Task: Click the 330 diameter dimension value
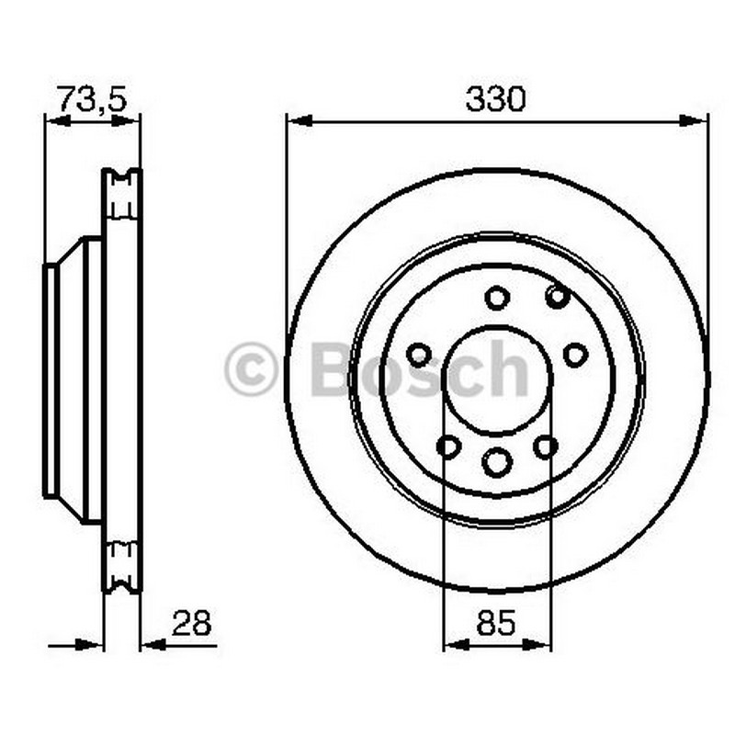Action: [496, 99]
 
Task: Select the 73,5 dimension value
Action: [92, 99]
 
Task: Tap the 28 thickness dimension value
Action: [192, 623]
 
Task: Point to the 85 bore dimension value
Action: [496, 623]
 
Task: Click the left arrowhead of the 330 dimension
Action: [300, 121]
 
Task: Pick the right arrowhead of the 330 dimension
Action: [694, 121]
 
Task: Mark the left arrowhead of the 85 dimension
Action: [456, 646]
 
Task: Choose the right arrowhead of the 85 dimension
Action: [537, 646]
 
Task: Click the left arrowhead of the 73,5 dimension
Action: [58, 121]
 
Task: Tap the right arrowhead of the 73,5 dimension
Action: [126, 121]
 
